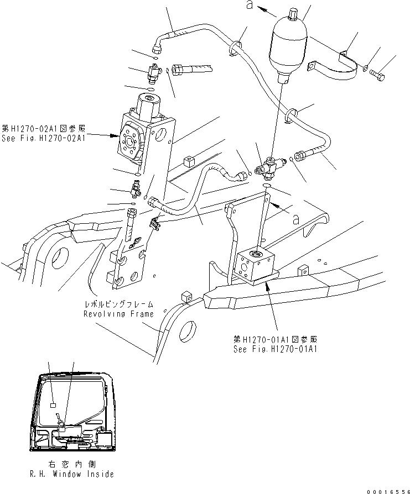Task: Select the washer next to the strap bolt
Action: [x=366, y=68]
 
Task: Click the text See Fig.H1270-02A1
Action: [x=43, y=139]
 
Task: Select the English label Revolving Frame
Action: [x=118, y=313]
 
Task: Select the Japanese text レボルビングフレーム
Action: [x=118, y=304]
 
